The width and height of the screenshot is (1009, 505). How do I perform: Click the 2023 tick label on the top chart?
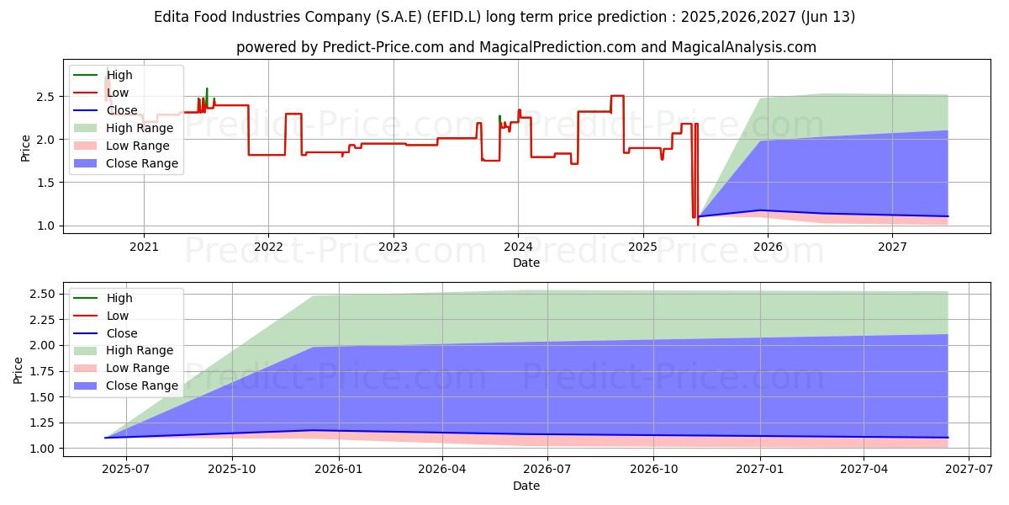tap(393, 247)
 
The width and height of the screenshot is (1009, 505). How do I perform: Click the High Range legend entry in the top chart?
tap(140, 128)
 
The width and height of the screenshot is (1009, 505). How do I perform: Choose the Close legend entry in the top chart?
tap(122, 110)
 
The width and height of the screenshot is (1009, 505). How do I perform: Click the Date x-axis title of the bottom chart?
tap(526, 486)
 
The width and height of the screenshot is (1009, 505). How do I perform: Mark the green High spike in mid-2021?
tap(207, 89)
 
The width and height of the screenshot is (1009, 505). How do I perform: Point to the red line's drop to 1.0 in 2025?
tap(697, 222)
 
